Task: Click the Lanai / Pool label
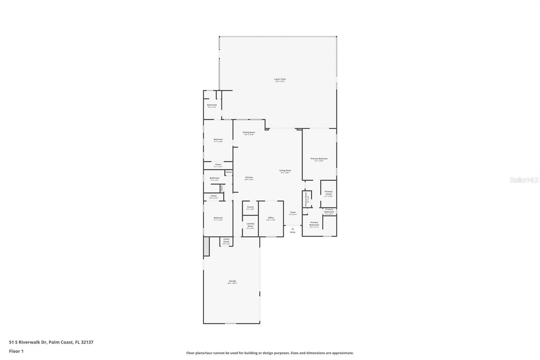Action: coord(280,79)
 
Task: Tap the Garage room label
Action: coord(233,281)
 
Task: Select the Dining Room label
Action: coord(249,132)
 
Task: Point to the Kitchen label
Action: coord(249,178)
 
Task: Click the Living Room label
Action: coord(285,171)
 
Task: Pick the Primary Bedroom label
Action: coord(319,159)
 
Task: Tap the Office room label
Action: coord(271,218)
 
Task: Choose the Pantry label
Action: coord(250,207)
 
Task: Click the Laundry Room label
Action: coord(250,225)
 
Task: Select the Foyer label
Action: coord(293,212)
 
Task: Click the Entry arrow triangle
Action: coord(293,229)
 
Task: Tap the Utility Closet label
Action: coord(226,240)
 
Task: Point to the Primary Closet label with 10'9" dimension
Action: coord(328,193)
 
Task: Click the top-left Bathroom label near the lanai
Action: coord(212,105)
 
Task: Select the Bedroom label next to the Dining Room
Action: coord(218,139)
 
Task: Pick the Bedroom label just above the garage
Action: coord(218,218)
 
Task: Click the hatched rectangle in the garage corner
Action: coord(207,246)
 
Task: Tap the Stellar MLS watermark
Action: coord(524,180)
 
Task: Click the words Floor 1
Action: coord(16,351)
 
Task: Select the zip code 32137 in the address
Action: coord(87,342)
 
